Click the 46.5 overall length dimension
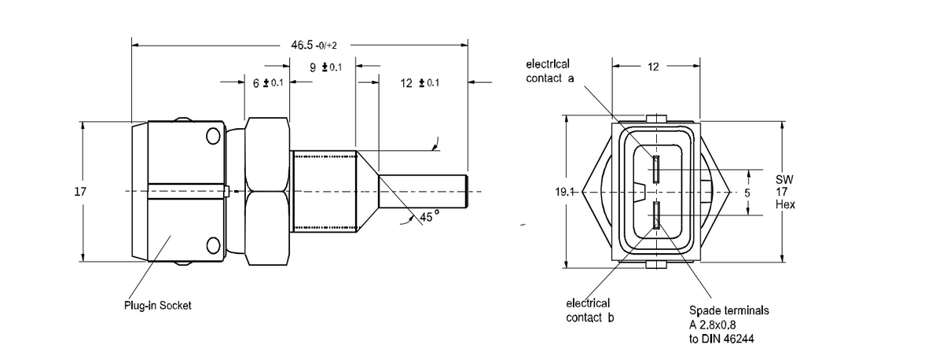[314, 45]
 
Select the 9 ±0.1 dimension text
[326, 68]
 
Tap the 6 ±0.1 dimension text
[268, 83]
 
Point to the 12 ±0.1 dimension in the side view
[420, 83]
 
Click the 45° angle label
[430, 216]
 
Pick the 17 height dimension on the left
[80, 192]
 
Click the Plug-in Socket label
[157, 305]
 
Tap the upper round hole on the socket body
[213, 136]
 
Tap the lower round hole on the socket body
[213, 245]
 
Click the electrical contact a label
[550, 72]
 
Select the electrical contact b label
[589, 310]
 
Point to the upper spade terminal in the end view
[656, 169]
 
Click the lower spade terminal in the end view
[656, 215]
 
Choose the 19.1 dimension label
[564, 192]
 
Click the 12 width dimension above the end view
[653, 67]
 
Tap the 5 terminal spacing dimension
[747, 193]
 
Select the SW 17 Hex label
[785, 192]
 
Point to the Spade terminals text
[729, 310]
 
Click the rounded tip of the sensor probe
[466, 192]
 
